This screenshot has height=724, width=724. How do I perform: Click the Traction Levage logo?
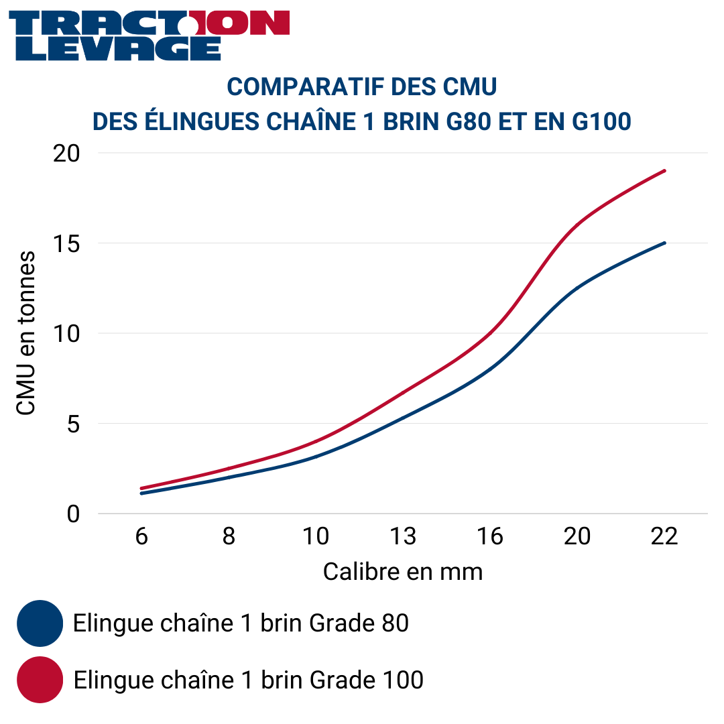pyautogui.click(x=149, y=36)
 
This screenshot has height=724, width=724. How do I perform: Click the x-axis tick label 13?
pyautogui.click(x=403, y=537)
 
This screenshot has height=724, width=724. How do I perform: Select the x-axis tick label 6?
pyautogui.click(x=141, y=537)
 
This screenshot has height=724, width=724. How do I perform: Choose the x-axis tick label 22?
pyautogui.click(x=664, y=537)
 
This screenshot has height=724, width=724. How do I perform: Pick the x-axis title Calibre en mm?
pyautogui.click(x=403, y=572)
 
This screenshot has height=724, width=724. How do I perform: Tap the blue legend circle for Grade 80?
pyautogui.click(x=40, y=623)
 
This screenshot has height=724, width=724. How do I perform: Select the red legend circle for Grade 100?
pyautogui.click(x=40, y=680)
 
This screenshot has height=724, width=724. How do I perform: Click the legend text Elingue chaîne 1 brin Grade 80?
pyautogui.click(x=241, y=623)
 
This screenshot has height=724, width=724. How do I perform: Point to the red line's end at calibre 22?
pyautogui.click(x=664, y=170)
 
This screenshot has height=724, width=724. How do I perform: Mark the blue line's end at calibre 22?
pyautogui.click(x=664, y=243)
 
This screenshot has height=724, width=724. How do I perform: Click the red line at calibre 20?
pyautogui.click(x=577, y=225)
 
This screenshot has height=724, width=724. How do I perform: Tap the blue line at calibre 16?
pyautogui.click(x=490, y=369)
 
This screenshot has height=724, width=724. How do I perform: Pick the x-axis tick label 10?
pyautogui.click(x=316, y=537)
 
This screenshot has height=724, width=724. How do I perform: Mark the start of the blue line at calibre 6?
pyautogui.click(x=141, y=493)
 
